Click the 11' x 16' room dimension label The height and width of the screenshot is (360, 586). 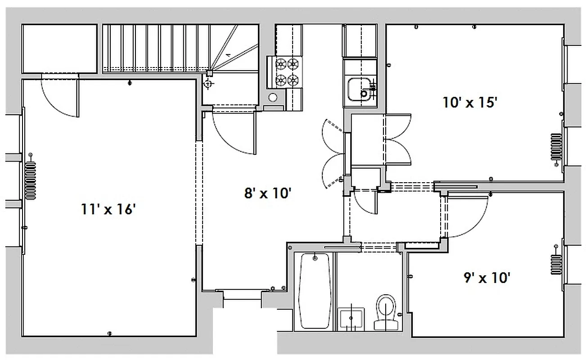tap(108, 209)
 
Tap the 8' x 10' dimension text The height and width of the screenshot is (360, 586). tap(268, 194)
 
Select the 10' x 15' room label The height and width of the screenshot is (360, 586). tap(469, 103)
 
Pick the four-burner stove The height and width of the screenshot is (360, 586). tap(287, 72)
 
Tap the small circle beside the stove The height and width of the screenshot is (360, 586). tap(273, 97)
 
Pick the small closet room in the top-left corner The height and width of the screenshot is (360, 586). tap(59, 48)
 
